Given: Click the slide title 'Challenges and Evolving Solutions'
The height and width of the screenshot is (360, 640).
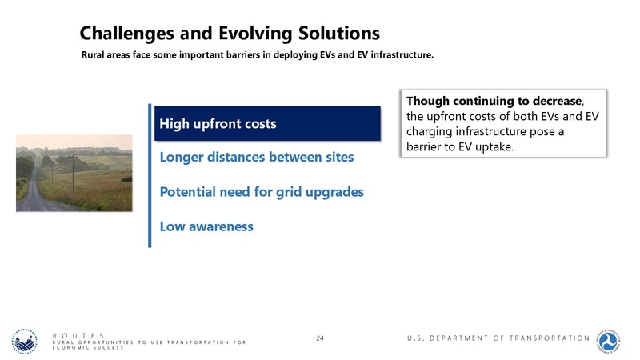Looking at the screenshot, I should [x=229, y=33].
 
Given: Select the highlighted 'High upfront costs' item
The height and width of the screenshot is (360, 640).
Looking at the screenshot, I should [x=218, y=124].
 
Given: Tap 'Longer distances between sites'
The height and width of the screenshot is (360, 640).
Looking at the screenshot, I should [x=256, y=157].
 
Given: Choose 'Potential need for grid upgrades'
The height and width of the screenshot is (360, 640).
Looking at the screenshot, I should [x=262, y=192].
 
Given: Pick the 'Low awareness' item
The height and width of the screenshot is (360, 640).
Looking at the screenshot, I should [x=206, y=226].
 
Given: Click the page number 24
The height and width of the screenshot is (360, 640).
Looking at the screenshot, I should [x=320, y=338].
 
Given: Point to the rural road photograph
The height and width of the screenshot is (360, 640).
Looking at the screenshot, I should [x=74, y=173].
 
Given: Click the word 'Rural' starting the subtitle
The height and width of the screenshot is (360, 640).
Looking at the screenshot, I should [x=94, y=56].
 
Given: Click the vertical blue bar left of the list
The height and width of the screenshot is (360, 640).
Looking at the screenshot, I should [x=149, y=175].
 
